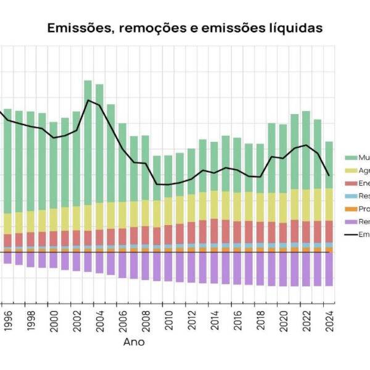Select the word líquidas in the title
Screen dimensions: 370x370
(294, 28)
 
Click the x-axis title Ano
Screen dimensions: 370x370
(134, 341)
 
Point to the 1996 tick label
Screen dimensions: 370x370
(7, 321)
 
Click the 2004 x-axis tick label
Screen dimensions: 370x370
(99, 321)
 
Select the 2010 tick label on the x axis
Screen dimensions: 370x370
(168, 321)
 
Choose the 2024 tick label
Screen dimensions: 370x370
(329, 321)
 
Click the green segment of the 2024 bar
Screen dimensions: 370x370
(329, 165)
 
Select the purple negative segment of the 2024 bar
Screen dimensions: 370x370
(329, 269)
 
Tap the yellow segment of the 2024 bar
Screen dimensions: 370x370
(329, 204)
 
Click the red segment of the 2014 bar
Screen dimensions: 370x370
(214, 231)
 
